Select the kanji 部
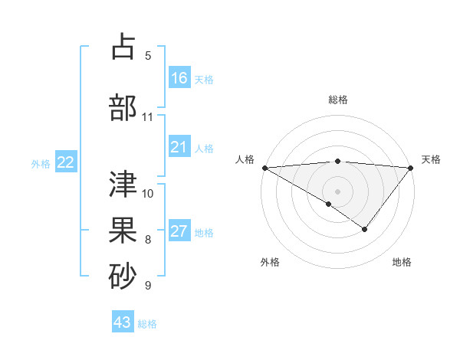point(123,106)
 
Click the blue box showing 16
point(179,77)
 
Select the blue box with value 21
point(179,147)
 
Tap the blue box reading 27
point(179,231)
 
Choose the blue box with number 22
point(66,162)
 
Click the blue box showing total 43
point(123,322)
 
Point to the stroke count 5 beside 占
point(148,55)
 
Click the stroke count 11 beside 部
point(148,117)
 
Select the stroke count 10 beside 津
point(148,193)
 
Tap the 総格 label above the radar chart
point(338,100)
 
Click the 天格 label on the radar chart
point(432,159)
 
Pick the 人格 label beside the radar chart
point(244,159)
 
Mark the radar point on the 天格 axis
point(411,167)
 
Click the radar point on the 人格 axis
point(264,167)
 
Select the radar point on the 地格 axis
point(365,229)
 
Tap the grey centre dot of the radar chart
point(337,191)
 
